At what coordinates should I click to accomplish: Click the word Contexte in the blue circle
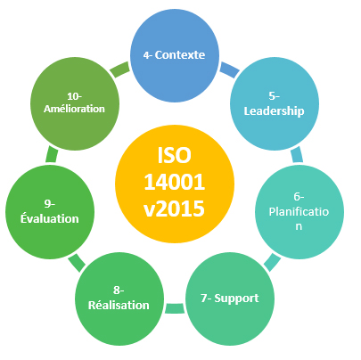[x=180, y=55]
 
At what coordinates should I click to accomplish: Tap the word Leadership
[x=274, y=111]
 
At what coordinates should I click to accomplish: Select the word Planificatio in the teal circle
[x=299, y=212]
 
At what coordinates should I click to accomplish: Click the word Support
[x=236, y=299]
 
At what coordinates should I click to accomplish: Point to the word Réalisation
[x=119, y=305]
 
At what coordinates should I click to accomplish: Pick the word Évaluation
[x=50, y=218]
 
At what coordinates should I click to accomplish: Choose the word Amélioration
[x=74, y=109]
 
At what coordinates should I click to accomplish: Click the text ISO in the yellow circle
[x=174, y=155]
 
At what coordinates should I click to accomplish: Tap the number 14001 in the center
[x=175, y=182]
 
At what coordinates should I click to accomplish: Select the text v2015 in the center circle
[x=175, y=209]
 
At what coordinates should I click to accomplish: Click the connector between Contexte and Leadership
[x=229, y=70]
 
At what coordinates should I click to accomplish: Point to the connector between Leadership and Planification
[x=297, y=155]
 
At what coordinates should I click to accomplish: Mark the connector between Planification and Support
[x=272, y=262]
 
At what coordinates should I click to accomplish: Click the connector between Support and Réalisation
[x=175, y=308]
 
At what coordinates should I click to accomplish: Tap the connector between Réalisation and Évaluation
[x=77, y=263]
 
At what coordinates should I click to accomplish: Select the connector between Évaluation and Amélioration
[x=52, y=155]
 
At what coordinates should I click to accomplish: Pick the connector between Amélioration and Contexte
[x=119, y=70]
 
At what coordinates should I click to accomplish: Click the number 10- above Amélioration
[x=74, y=96]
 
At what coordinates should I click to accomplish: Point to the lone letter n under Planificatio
[x=299, y=226]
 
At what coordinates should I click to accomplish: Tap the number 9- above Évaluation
[x=50, y=204]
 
